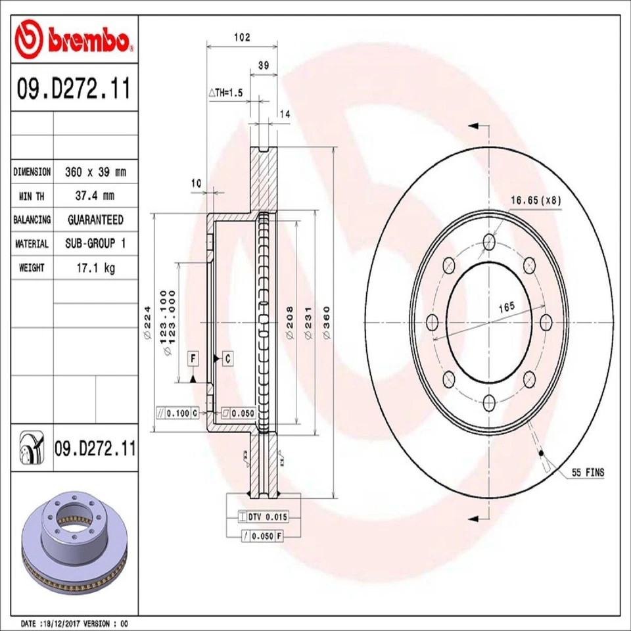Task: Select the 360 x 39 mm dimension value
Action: pos(95,172)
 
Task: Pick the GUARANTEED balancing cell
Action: pos(95,220)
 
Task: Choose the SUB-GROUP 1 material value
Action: pos(95,244)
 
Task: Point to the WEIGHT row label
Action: pos(32,268)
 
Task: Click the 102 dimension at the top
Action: pos(242,38)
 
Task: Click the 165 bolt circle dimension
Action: pos(505,306)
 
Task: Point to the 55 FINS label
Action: pos(587,473)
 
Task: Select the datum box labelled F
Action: pos(193,358)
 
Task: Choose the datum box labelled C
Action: pos(227,358)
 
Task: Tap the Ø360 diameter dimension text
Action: pos(327,322)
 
